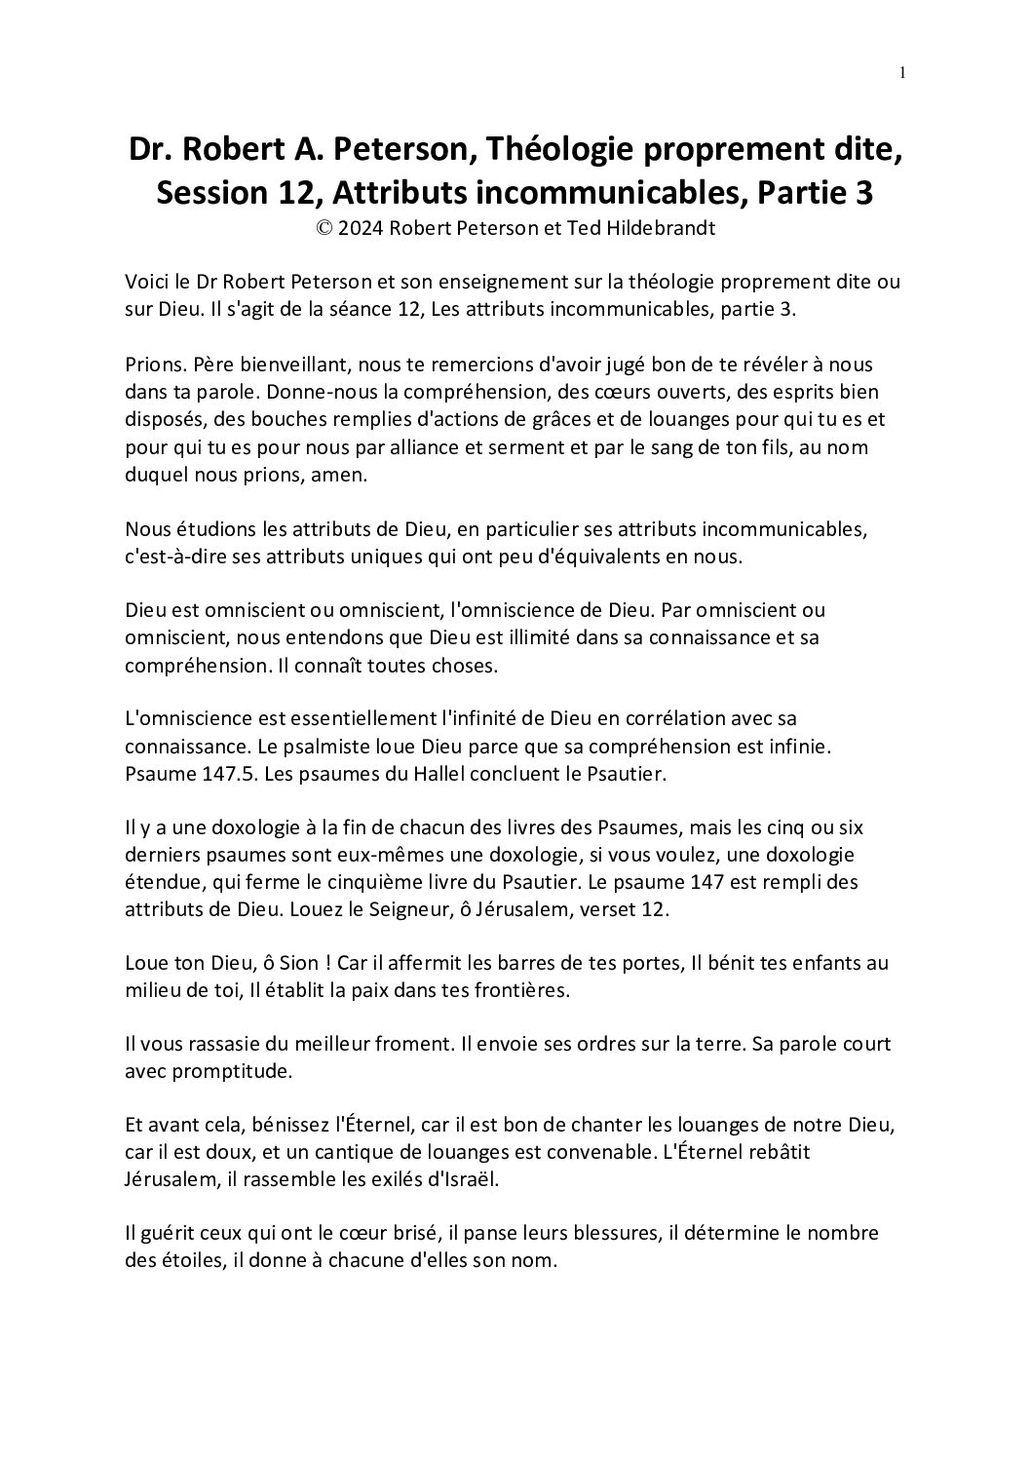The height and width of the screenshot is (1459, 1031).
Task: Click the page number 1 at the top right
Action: point(902,72)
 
